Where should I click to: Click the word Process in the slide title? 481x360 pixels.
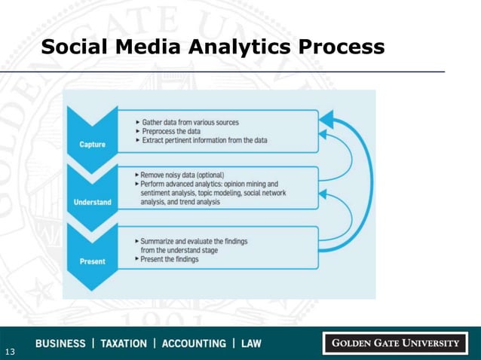[342, 47]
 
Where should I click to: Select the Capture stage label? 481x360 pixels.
[93, 145]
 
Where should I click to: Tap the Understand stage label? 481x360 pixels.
[93, 202]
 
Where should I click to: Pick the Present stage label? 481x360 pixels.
[93, 261]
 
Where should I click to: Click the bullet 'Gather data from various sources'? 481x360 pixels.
[191, 122]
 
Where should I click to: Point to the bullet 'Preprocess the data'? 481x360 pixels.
[170, 131]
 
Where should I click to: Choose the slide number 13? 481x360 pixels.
[10, 352]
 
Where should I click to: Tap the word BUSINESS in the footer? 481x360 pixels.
[60, 343]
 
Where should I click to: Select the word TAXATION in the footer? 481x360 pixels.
[124, 343]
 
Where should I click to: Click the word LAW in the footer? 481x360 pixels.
[251, 343]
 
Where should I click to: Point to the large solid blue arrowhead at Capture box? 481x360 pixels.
[326, 118]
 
